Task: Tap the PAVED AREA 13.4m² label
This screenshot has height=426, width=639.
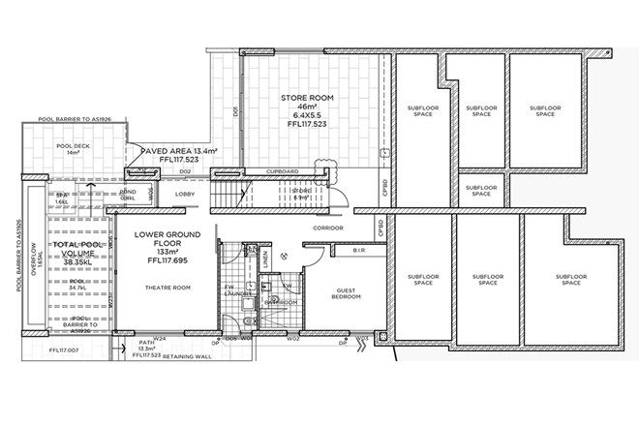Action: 179,152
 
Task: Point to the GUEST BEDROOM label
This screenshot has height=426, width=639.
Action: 347,293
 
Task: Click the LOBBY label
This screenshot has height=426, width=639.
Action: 185,194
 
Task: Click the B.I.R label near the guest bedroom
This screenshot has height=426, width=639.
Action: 357,249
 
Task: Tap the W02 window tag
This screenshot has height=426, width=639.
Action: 291,340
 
